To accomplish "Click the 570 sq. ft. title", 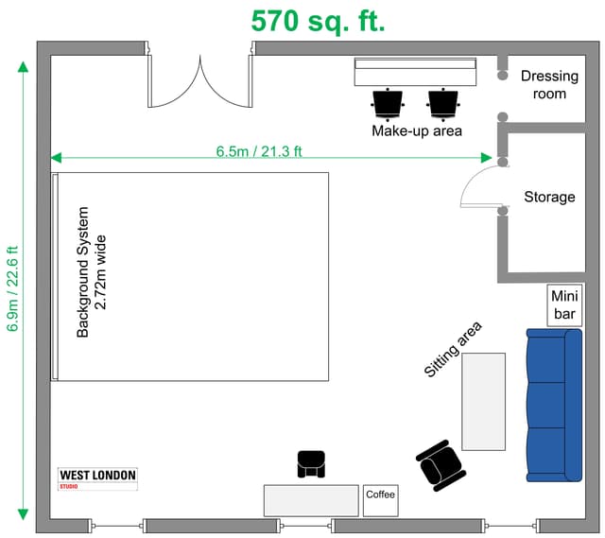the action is click(318, 22).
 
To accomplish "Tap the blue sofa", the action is click(554, 406).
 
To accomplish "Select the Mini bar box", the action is click(564, 305).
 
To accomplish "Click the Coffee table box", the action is click(380, 500).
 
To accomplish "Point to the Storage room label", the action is click(549, 197).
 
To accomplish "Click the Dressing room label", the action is click(549, 84).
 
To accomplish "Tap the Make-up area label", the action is click(417, 130).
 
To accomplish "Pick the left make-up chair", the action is click(388, 104).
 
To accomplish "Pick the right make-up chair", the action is click(443, 104).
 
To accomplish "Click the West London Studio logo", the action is click(98, 478).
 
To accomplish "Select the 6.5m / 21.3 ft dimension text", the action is click(258, 151).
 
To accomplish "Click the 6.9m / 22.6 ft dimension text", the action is click(12, 288).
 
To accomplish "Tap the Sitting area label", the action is click(453, 349).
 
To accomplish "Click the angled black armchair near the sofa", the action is click(441, 465).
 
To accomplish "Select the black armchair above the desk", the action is click(311, 463).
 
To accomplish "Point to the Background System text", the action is click(83, 272).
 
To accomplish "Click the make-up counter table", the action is click(416, 72).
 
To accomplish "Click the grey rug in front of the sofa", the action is click(483, 402).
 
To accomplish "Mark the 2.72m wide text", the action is click(100, 272).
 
